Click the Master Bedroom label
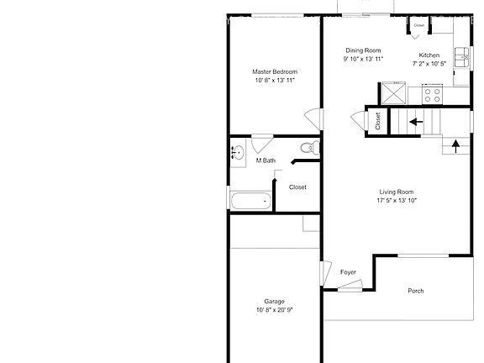[275, 72]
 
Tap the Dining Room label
[363, 50]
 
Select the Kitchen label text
[429, 55]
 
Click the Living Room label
[397, 192]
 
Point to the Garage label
[274, 302]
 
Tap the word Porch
[415, 291]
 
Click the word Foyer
[348, 272]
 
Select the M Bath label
[266, 160]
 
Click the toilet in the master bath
[310, 148]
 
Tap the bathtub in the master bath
[251, 201]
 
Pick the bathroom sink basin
[238, 153]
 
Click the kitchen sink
[461, 57]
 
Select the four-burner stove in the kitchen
[432, 95]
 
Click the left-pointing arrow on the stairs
[416, 122]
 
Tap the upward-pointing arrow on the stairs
[455, 146]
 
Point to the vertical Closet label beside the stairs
[378, 121]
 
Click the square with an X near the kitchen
[393, 93]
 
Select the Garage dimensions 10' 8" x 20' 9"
[274, 310]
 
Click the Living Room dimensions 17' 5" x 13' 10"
[397, 200]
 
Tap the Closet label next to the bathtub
[297, 187]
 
